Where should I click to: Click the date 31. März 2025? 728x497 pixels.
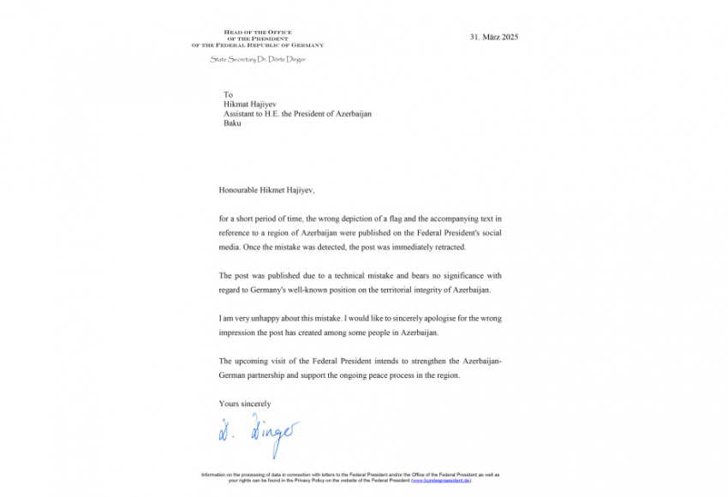494,37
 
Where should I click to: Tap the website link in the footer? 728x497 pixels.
440,480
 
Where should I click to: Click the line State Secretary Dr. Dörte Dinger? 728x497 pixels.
257,59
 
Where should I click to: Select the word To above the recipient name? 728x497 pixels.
228,95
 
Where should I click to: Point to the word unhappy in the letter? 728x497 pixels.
272,318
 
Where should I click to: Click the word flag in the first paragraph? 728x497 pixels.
361,219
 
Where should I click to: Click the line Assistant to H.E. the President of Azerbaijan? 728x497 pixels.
297,114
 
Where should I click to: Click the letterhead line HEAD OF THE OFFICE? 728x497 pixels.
257,33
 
